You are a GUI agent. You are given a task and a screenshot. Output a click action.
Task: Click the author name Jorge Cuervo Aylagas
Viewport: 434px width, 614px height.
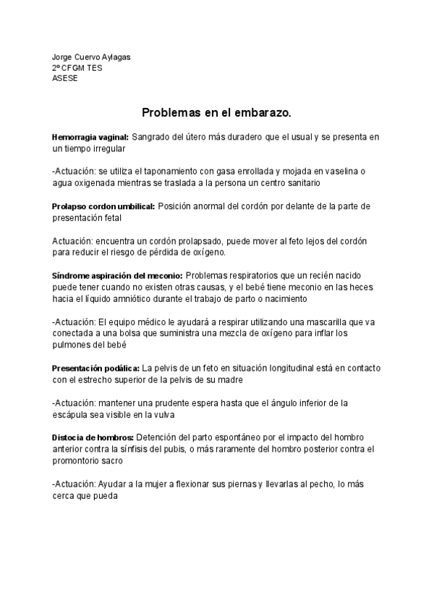[91, 57]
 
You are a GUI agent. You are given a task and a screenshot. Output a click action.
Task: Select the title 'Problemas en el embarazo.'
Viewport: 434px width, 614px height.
[216, 114]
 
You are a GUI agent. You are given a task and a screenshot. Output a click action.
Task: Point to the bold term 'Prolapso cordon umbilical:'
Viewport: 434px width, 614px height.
[103, 206]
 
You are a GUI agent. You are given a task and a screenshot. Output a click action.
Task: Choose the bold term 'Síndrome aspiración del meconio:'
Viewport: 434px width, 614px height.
[118, 276]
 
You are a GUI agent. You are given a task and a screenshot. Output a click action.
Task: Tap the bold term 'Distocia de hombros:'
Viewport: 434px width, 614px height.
[93, 438]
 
